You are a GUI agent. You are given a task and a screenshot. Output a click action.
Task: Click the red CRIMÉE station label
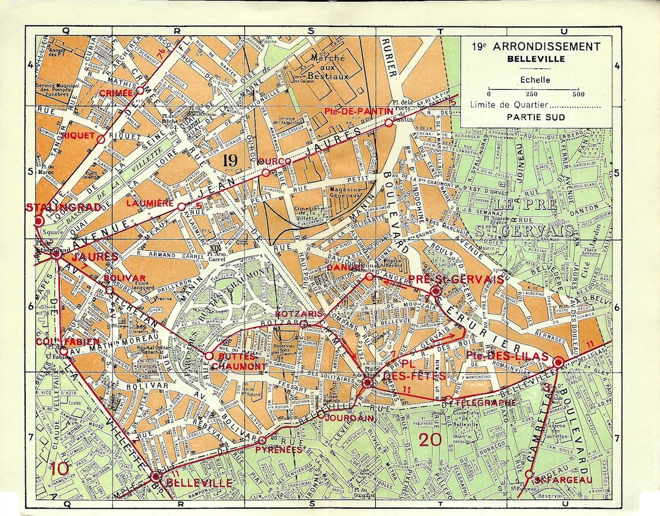116,93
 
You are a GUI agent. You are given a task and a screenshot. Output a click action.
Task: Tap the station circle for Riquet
101,139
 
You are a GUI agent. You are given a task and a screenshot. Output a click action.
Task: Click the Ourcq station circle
265,173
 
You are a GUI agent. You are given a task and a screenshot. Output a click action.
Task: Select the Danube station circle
369,277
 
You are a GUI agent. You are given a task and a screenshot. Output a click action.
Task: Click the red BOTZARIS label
277,314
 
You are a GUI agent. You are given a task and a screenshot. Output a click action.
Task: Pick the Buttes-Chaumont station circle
208,355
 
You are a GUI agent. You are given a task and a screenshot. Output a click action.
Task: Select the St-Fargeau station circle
529,474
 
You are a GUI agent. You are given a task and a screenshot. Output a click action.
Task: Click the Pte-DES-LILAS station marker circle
557,363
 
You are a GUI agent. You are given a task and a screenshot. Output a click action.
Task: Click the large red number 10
60,469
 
